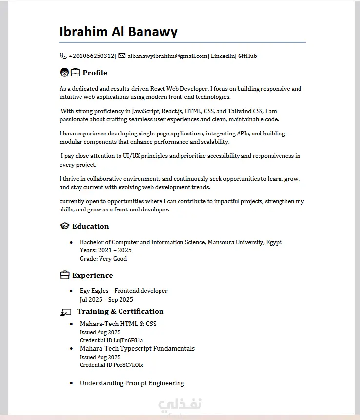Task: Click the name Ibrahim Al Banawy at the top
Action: click(x=118, y=32)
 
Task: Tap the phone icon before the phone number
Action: click(x=63, y=56)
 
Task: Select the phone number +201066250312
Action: click(x=92, y=56)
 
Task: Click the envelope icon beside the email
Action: click(x=122, y=56)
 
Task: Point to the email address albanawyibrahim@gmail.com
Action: click(x=167, y=56)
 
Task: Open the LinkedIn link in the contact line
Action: click(x=222, y=56)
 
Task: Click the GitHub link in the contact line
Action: click(x=247, y=56)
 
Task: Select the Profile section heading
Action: click(x=95, y=73)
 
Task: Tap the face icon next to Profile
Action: click(x=64, y=73)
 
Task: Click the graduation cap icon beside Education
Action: click(x=64, y=226)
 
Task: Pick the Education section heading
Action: click(x=90, y=226)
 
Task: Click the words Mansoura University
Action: click(x=236, y=242)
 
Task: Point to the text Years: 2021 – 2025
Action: click(x=105, y=250)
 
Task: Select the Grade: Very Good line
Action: click(x=103, y=259)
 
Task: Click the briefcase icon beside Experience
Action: click(x=64, y=276)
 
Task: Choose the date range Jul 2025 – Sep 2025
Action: click(x=106, y=300)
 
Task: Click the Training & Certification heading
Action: click(x=120, y=311)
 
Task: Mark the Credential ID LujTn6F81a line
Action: click(x=111, y=340)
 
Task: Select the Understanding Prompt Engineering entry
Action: click(x=132, y=383)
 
